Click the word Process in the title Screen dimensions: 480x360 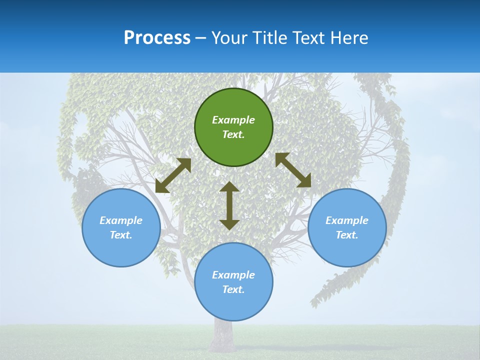pyautogui.click(x=157, y=38)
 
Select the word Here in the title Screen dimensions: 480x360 pyautogui.click(x=349, y=37)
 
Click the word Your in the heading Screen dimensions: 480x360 pyautogui.click(x=229, y=37)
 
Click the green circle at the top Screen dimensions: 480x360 pyautogui.click(x=233, y=127)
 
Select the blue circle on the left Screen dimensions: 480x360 pyautogui.click(x=121, y=228)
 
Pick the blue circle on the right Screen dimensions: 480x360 pyautogui.click(x=347, y=228)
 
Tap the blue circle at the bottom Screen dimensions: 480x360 pyautogui.click(x=233, y=282)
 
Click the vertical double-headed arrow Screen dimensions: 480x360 pyautogui.click(x=229, y=205)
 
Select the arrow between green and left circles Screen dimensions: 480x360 pyautogui.click(x=173, y=175)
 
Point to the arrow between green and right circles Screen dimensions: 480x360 pyautogui.click(x=293, y=170)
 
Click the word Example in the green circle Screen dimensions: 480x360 pyautogui.click(x=233, y=120)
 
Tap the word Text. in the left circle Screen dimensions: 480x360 pyautogui.click(x=121, y=235)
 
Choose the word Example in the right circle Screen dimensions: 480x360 pyautogui.click(x=347, y=220)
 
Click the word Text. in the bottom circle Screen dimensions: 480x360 pyautogui.click(x=233, y=289)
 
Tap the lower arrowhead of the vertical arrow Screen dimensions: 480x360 pyautogui.click(x=229, y=225)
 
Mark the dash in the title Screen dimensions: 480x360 pyautogui.click(x=201, y=39)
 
